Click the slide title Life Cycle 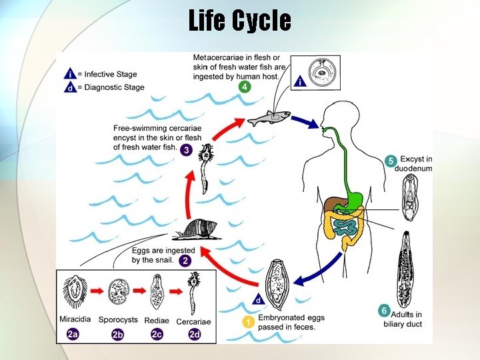(239, 21)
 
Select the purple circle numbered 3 (187, 149)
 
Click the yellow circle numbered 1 (247, 322)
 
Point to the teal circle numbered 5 (391, 161)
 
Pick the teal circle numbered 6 (383, 310)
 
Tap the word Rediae (156, 321)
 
